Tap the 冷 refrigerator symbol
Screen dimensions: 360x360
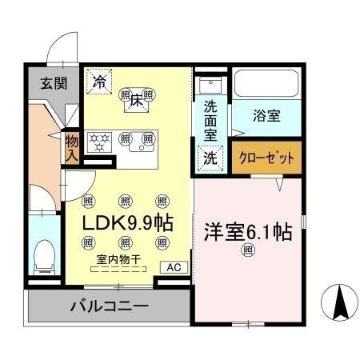100,81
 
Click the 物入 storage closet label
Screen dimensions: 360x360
71,148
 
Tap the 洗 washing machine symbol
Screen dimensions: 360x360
210,158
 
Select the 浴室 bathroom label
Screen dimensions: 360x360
266,116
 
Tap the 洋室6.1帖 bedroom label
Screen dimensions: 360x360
247,233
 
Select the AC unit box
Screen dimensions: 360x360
173,268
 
